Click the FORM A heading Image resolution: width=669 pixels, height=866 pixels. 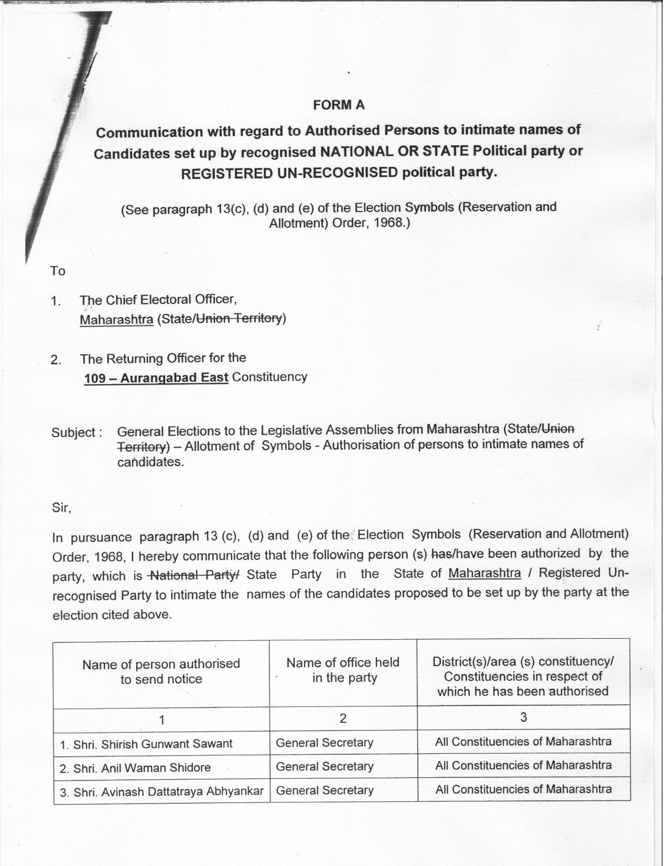pyautogui.click(x=338, y=105)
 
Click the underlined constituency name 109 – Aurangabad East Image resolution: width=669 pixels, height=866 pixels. pyautogui.click(x=156, y=378)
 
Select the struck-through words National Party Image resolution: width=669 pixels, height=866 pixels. pyautogui.click(x=192, y=575)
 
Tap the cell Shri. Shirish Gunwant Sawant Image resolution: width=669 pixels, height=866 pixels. pyautogui.click(x=146, y=744)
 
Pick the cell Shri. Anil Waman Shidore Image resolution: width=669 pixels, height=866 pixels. pyautogui.click(x=135, y=768)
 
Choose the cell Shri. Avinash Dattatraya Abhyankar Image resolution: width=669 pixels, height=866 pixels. pyautogui.click(x=161, y=791)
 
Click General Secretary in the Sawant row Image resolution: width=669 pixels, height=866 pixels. pyautogui.click(x=325, y=743)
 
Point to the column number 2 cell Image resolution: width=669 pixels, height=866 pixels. pyautogui.click(x=343, y=718)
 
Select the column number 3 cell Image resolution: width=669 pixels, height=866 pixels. pyautogui.click(x=523, y=717)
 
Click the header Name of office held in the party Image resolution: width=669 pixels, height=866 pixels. pyautogui.click(x=343, y=670)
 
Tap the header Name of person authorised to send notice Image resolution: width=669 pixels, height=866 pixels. pyautogui.click(x=161, y=672)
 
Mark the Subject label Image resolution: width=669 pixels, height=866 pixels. pyautogui.click(x=73, y=433)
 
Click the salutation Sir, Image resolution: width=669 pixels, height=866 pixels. pyautogui.click(x=61, y=508)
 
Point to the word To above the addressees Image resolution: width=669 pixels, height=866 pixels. pyautogui.click(x=58, y=271)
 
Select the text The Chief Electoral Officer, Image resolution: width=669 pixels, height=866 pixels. pyautogui.click(x=158, y=300)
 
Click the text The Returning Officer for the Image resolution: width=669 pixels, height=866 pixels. pyautogui.click(x=163, y=358)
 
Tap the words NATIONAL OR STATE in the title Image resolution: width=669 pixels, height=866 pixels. pyautogui.click(x=394, y=151)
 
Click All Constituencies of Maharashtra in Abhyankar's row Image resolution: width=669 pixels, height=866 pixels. pyautogui.click(x=523, y=789)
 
